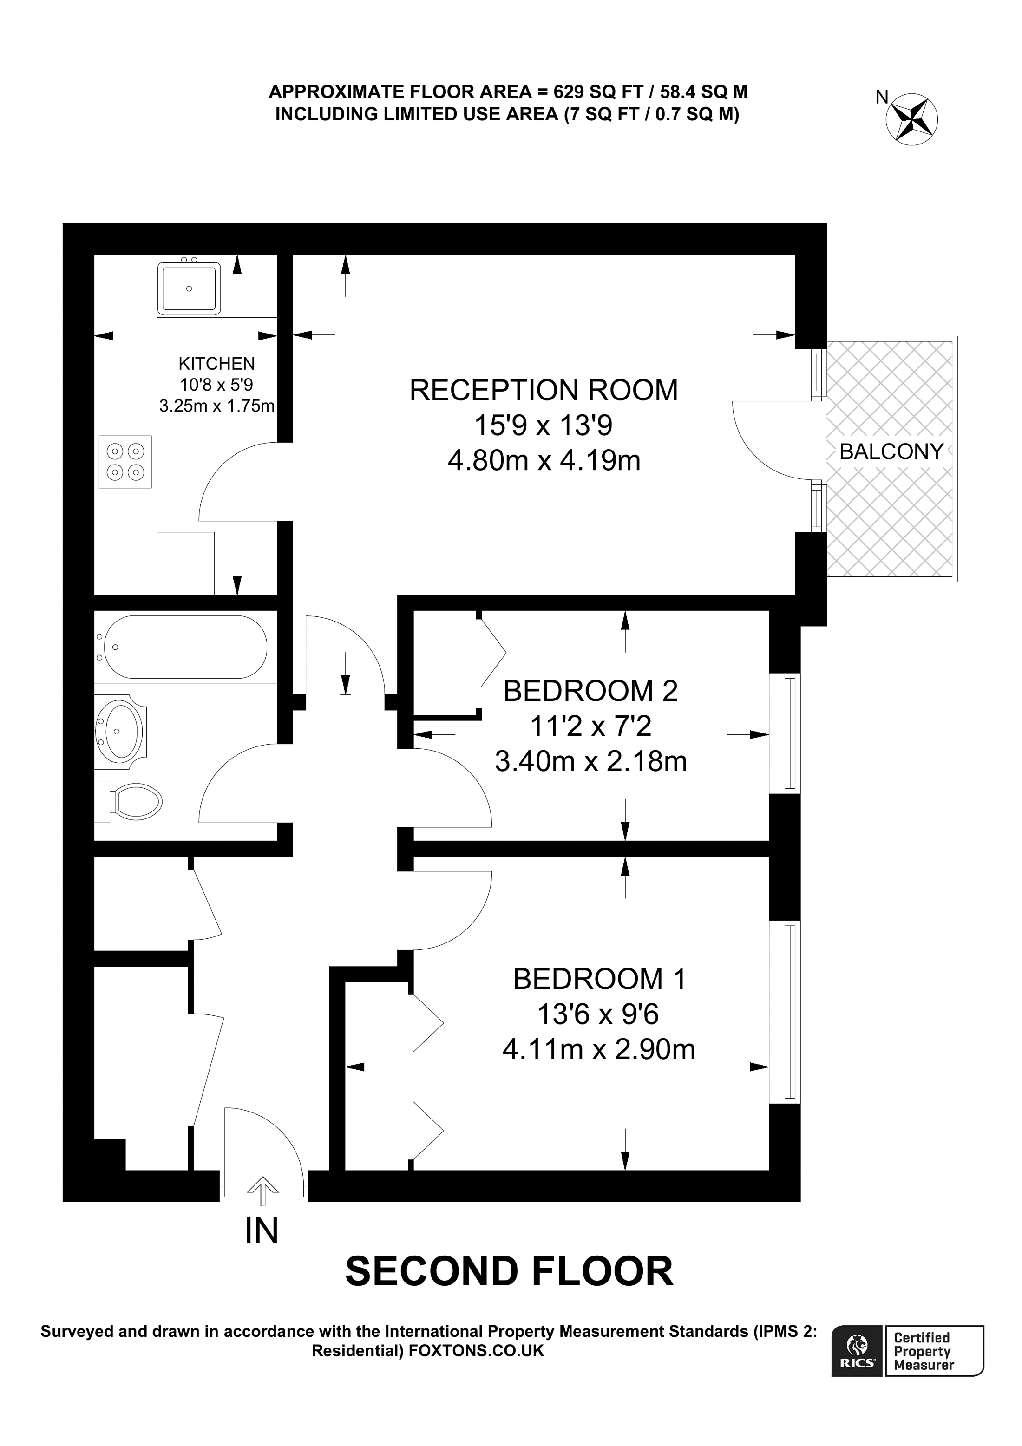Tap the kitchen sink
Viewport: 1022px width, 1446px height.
coord(189,288)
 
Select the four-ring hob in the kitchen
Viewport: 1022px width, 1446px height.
coord(125,462)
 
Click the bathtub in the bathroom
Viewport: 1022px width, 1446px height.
coord(185,647)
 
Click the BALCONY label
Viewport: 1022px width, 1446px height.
coord(891,451)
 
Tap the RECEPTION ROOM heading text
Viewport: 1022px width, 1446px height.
coord(544,390)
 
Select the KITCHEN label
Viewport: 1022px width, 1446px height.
coord(216,363)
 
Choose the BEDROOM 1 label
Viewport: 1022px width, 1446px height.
coord(599,979)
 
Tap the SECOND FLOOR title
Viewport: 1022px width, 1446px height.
coord(510,1271)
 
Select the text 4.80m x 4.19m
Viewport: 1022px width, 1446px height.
coord(544,460)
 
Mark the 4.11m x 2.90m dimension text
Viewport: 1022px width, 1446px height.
coord(599,1049)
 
